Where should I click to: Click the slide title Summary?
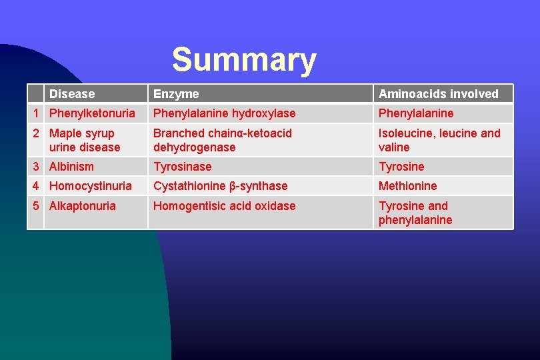point(243,60)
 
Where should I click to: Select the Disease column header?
point(72,94)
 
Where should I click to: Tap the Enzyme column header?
point(176,94)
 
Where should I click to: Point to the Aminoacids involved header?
point(438,94)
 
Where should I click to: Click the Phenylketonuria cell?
point(92,113)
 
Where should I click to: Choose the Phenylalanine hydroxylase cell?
point(224,113)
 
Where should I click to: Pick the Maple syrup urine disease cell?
point(85,140)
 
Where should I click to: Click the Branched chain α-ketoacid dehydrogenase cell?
point(222,140)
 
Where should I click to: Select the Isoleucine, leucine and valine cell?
point(439,140)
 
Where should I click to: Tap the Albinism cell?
point(71,167)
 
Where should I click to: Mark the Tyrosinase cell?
point(182,167)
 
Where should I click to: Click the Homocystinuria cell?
point(90,186)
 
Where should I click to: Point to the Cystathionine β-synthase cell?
point(220,186)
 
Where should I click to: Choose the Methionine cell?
point(407,186)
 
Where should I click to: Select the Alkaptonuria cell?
point(82,206)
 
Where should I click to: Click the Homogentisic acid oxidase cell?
point(224,206)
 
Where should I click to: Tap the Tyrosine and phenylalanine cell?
point(415,213)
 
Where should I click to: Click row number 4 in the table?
point(37,186)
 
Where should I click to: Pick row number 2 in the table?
point(37,133)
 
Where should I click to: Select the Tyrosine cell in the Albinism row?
point(401,167)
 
